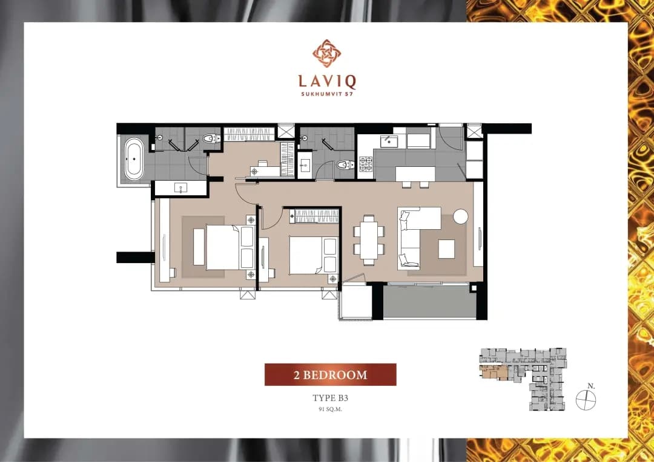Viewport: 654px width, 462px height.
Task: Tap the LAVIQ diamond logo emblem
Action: coord(327,53)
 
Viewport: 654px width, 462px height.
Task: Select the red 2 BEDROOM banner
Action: coord(331,374)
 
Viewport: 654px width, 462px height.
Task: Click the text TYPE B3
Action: coord(331,398)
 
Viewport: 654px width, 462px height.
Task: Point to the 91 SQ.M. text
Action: coord(331,409)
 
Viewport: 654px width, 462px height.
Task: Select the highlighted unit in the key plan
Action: coord(494,373)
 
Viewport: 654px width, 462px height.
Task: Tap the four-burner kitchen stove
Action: coord(366,164)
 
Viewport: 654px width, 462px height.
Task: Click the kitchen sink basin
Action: coord(389,142)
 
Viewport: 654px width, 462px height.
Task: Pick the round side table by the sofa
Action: coord(461,216)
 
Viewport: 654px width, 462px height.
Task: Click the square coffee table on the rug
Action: coord(446,249)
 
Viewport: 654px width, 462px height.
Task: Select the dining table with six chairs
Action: coord(369,240)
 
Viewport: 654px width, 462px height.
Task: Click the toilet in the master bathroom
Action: coord(211,138)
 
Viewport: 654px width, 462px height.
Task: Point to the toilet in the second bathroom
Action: coord(345,165)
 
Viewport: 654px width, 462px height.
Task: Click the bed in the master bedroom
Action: coord(230,247)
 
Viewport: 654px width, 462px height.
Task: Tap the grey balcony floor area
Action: coord(429,301)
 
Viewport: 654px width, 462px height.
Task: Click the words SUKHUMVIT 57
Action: coord(327,94)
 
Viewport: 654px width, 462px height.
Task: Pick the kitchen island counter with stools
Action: coord(415,175)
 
